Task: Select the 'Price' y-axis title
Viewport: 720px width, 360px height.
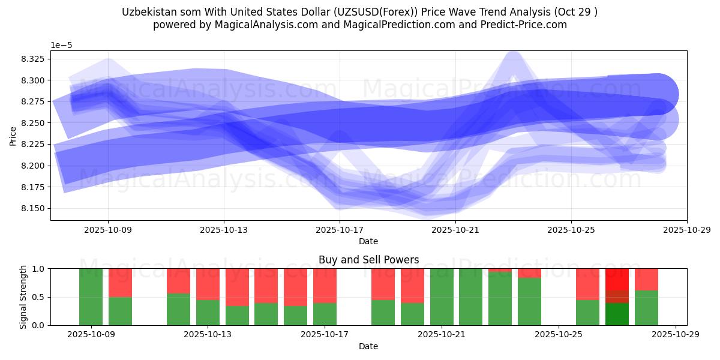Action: pos(13,136)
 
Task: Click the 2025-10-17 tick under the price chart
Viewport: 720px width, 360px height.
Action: pos(340,229)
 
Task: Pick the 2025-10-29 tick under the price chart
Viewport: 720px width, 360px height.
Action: pos(686,229)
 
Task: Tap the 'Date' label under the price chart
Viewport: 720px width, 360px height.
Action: pos(368,241)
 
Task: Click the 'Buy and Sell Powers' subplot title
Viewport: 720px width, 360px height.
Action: pos(368,260)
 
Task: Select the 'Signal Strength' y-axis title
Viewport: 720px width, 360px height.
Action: pos(23,297)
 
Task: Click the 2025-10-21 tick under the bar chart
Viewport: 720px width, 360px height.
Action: pos(442,335)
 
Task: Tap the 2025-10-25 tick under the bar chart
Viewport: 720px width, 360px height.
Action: pos(559,335)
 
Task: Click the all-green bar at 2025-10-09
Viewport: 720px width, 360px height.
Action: pos(91,297)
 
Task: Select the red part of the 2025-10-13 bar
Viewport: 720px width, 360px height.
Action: pos(208,283)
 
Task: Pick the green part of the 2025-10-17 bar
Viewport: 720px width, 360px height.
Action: pos(325,314)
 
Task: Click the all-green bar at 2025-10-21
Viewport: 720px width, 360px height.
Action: pos(442,297)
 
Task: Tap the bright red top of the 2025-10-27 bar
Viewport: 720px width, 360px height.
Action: pos(617,278)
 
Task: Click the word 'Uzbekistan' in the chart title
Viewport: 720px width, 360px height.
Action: pos(147,12)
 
